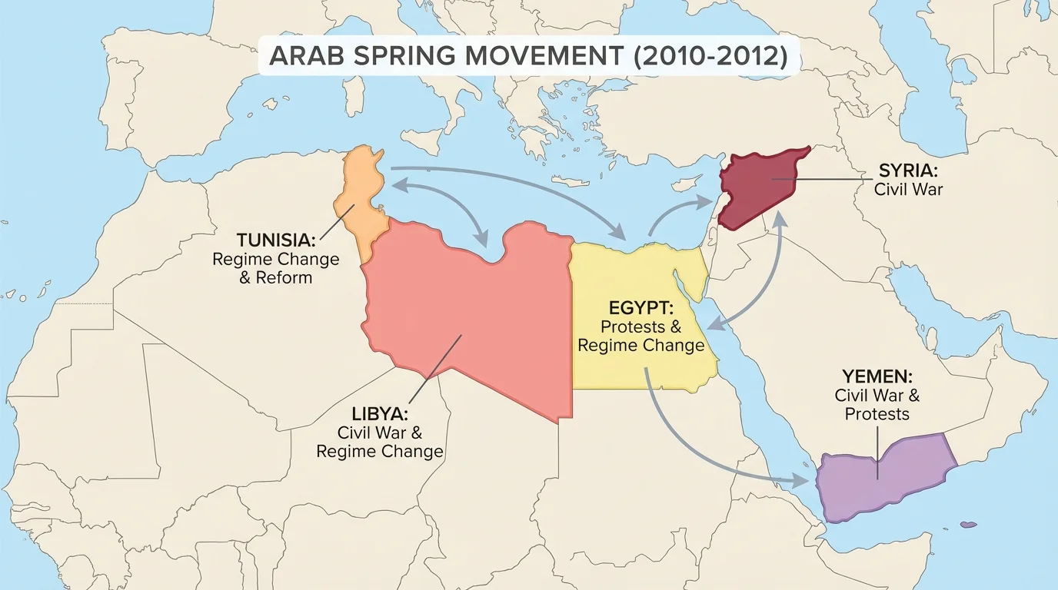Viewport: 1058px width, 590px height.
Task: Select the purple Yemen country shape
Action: tap(884, 472)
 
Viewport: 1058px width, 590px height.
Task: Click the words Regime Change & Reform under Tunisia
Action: tap(276, 267)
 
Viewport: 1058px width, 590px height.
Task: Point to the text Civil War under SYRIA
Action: tap(908, 188)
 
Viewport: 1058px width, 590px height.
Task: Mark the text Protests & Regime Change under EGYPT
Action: tap(640, 336)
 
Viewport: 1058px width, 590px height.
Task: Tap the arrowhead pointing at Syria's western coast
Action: tap(712, 201)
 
